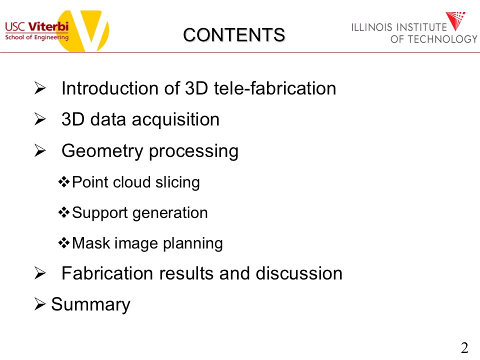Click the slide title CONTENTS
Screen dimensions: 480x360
[234, 35]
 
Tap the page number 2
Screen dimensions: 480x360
[464, 348]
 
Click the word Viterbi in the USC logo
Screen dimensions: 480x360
[48, 26]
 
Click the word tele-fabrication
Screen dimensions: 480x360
[275, 88]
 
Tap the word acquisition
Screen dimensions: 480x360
[175, 119]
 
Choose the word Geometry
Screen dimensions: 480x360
[102, 151]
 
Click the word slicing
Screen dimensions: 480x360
[177, 182]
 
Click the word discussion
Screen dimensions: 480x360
[299, 273]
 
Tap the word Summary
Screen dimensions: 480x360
[90, 304]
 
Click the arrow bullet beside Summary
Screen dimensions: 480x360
[40, 303]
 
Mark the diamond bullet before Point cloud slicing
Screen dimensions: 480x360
[64, 182]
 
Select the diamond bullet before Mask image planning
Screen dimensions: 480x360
[64, 243]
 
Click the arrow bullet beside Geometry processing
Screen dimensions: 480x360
[40, 150]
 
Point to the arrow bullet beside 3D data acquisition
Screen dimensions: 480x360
[40, 119]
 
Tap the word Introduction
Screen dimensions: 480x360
[110, 88]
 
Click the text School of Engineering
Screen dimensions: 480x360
[36, 37]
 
